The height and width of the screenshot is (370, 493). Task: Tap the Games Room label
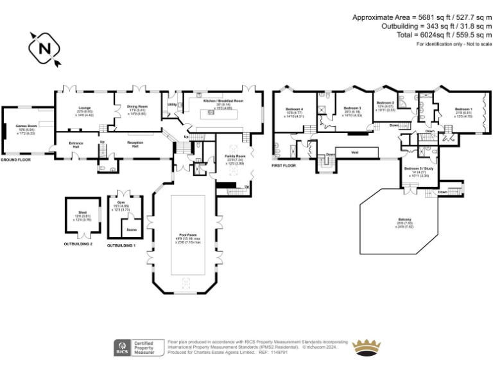point(25,126)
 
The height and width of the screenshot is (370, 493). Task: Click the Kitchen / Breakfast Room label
point(223,101)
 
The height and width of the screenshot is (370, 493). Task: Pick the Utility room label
point(172,104)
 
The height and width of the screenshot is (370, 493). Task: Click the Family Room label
point(236,156)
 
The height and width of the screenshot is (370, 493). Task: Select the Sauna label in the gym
point(131,229)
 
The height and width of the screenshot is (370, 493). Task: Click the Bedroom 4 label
point(294,109)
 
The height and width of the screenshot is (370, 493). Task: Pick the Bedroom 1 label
point(463,109)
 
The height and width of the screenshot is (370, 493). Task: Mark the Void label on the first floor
point(354,152)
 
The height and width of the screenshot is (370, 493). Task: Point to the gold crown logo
point(368,347)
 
